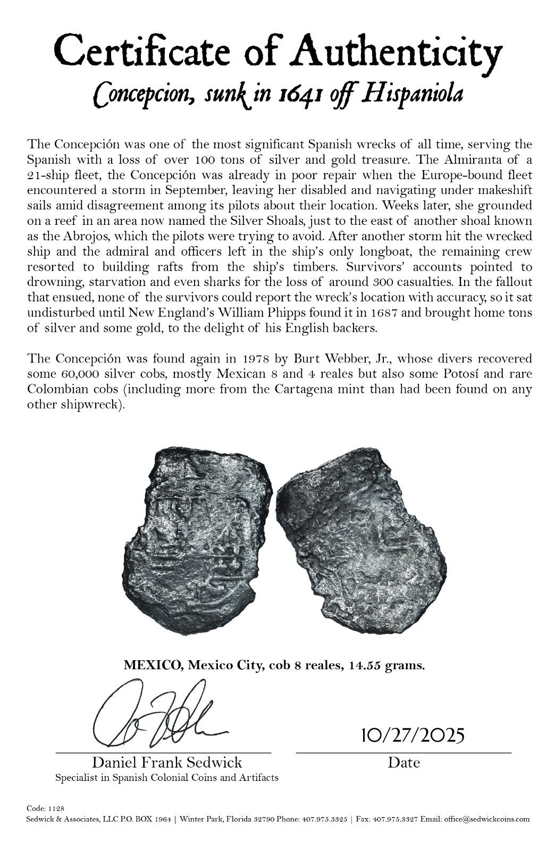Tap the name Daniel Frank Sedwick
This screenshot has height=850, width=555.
tap(167, 762)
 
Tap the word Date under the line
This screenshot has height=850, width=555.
tap(403, 762)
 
